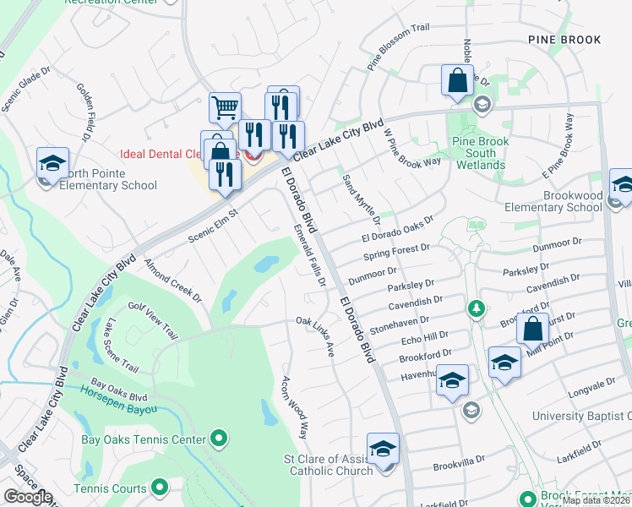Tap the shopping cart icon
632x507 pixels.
[226, 108]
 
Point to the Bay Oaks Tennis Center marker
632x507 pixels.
[219, 439]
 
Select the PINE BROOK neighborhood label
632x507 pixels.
[564, 40]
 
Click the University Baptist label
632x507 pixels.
[581, 416]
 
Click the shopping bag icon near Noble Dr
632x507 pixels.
[457, 81]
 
